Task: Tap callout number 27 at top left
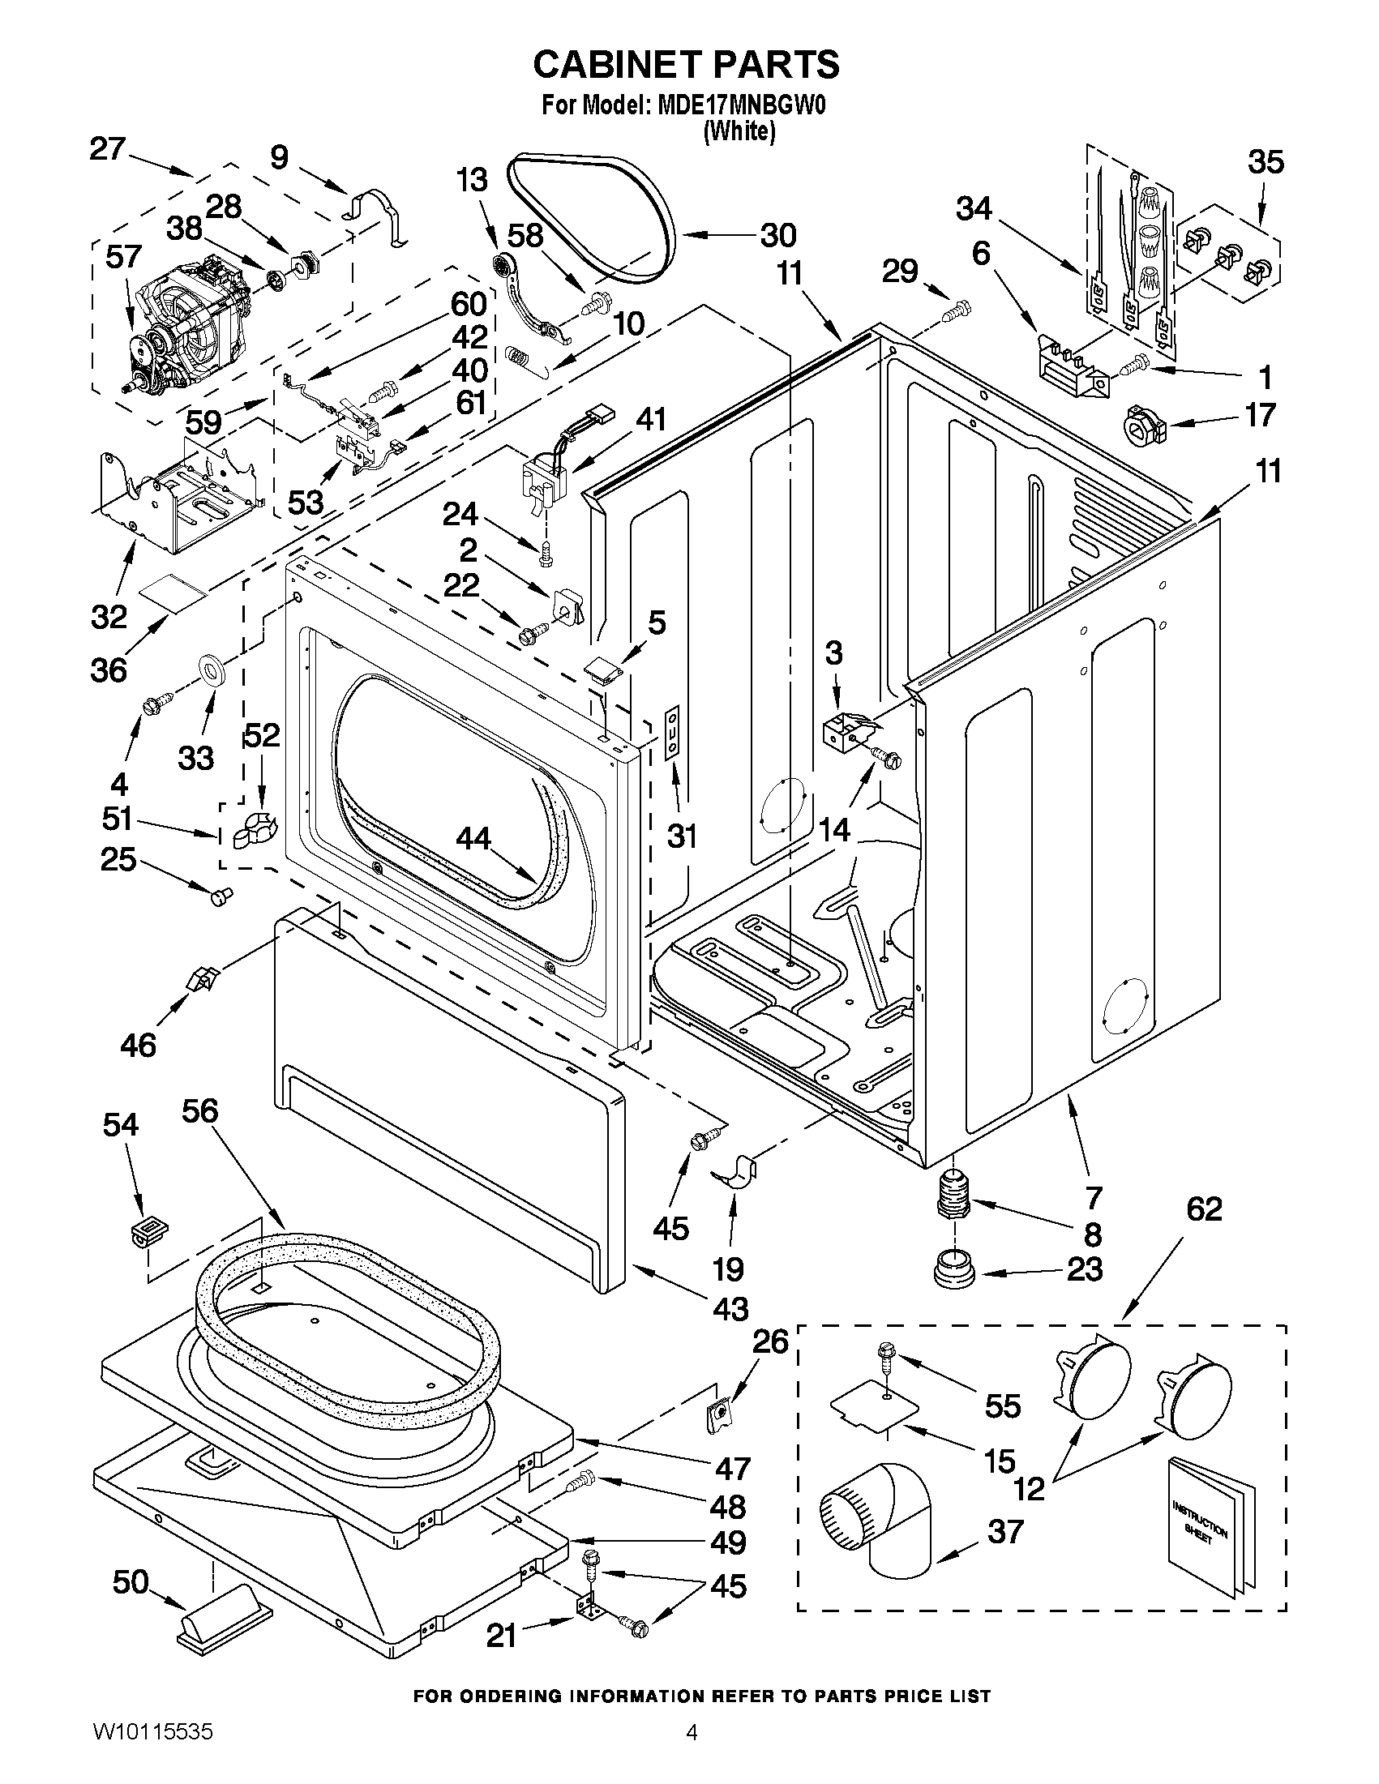pos(108,149)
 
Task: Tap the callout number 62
pos(1204,1209)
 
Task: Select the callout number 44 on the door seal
pos(473,838)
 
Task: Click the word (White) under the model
pos(739,130)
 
